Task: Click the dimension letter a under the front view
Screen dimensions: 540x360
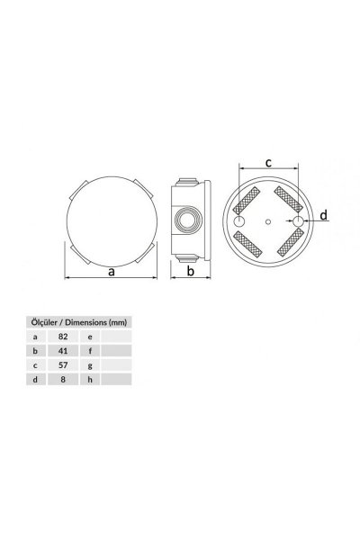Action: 111,273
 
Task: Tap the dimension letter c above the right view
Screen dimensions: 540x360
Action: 269,162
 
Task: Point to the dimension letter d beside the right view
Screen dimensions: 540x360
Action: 323,216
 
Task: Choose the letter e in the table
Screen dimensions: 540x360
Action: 90,336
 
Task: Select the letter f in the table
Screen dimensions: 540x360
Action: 90,351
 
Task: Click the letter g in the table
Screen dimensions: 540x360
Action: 90,365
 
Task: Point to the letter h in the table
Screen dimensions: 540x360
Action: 90,381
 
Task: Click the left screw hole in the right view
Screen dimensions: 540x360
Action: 241,221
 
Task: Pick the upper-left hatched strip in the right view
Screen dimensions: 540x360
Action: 249,201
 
